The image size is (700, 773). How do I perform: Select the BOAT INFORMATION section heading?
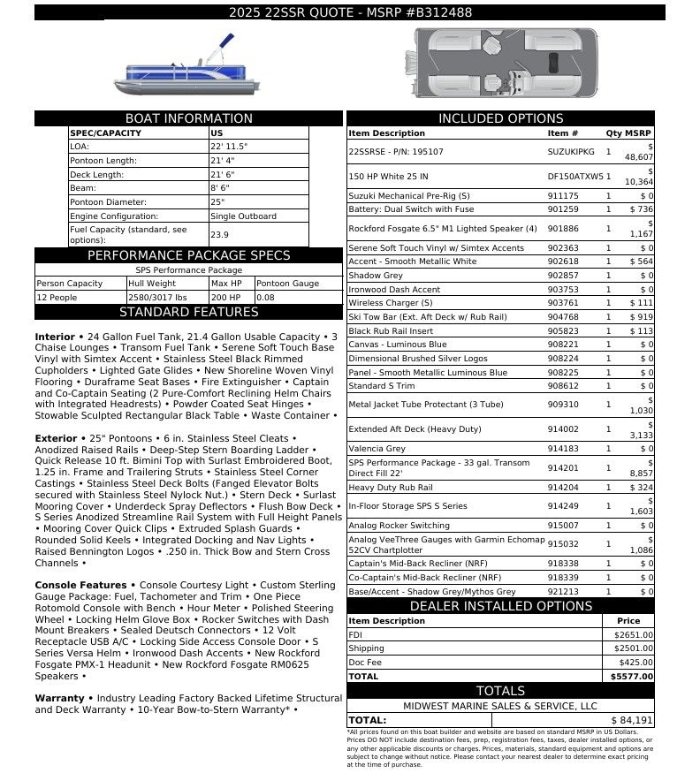(x=188, y=118)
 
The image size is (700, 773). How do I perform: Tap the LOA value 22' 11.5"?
(x=229, y=147)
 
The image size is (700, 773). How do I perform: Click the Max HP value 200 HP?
(x=223, y=298)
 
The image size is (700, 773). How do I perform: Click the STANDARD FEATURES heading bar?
(x=188, y=312)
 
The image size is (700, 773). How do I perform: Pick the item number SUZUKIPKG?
(x=571, y=152)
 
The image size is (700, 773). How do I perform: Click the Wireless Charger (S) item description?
(x=390, y=303)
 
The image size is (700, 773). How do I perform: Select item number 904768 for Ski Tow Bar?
(x=563, y=317)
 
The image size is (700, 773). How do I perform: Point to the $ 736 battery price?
(x=642, y=209)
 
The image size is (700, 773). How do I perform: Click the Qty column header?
(x=612, y=133)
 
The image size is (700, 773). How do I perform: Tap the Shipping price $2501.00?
(x=634, y=648)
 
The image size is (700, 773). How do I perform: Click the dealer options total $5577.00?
(x=632, y=677)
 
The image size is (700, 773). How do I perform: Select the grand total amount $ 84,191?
(x=630, y=720)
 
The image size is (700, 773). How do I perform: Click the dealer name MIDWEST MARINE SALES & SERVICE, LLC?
(x=500, y=706)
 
